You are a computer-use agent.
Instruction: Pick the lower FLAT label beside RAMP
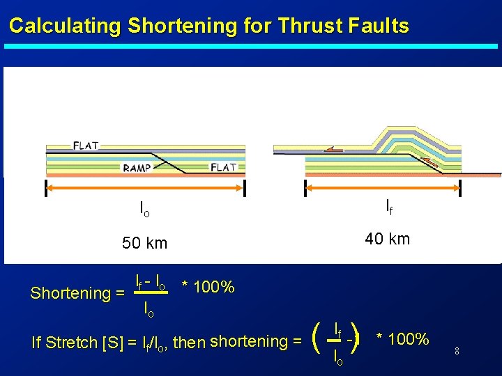click(223, 167)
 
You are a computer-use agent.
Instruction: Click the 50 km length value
click(145, 243)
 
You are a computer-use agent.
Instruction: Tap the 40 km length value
click(388, 239)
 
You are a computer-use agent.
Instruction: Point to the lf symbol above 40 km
click(388, 206)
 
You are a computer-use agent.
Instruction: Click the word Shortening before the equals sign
click(70, 293)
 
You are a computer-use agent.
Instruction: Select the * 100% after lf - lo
click(208, 287)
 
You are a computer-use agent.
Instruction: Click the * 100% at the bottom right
click(402, 339)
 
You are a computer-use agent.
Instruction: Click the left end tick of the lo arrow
click(45, 188)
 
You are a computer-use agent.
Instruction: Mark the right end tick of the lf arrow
click(460, 188)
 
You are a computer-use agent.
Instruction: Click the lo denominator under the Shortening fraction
click(149, 308)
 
